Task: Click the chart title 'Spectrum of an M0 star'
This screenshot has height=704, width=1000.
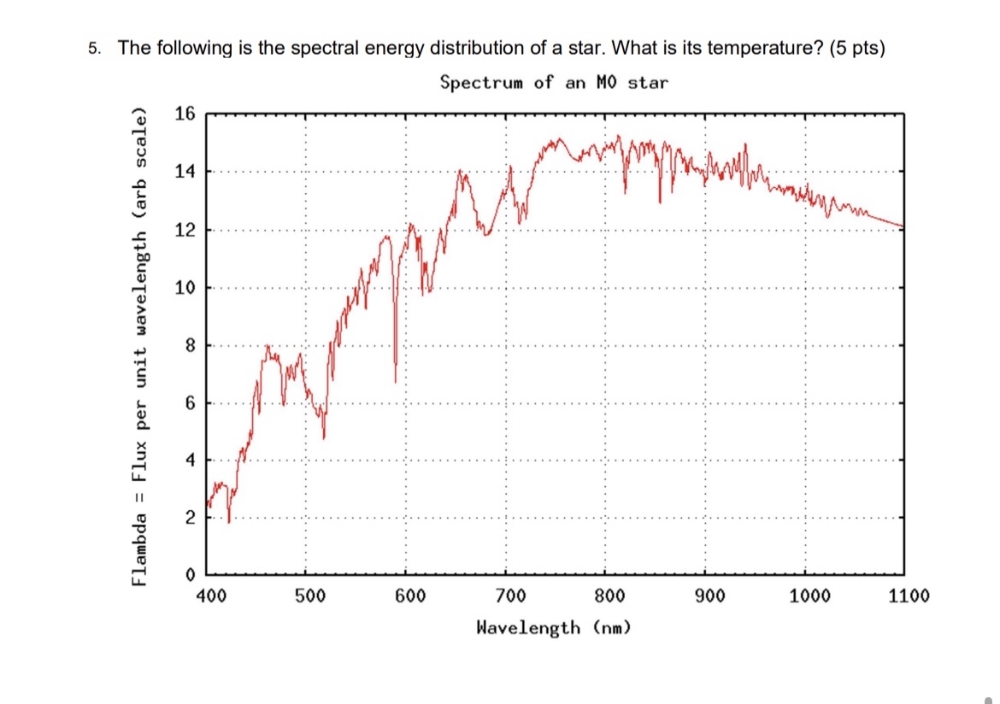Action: click(554, 82)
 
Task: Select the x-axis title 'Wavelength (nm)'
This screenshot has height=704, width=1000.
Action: click(554, 628)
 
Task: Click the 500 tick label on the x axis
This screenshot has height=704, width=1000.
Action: click(309, 595)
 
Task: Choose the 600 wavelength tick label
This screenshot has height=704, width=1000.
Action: click(409, 595)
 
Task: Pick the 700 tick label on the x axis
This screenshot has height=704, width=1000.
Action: click(509, 595)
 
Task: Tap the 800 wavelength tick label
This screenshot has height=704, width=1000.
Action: click(609, 595)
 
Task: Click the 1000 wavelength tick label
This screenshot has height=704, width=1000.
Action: click(809, 595)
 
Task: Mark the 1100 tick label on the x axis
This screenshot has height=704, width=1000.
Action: click(909, 595)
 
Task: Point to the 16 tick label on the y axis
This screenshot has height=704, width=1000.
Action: click(185, 114)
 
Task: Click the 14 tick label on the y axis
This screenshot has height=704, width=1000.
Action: click(185, 172)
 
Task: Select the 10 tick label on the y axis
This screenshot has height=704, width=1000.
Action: click(185, 288)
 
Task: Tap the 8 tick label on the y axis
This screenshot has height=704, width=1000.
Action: click(190, 346)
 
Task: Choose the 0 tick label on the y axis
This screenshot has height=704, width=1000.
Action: click(190, 573)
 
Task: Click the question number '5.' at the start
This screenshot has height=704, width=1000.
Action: click(95, 48)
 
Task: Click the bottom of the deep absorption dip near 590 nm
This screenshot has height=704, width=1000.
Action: click(395, 380)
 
